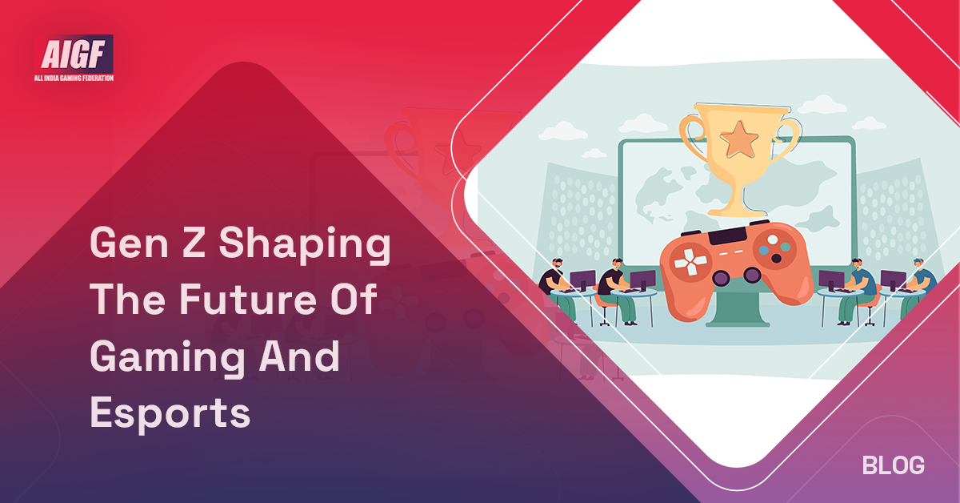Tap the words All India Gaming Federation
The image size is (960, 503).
coord(77,78)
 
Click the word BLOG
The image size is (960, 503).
coord(894,465)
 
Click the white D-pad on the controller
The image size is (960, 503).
coord(686,260)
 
